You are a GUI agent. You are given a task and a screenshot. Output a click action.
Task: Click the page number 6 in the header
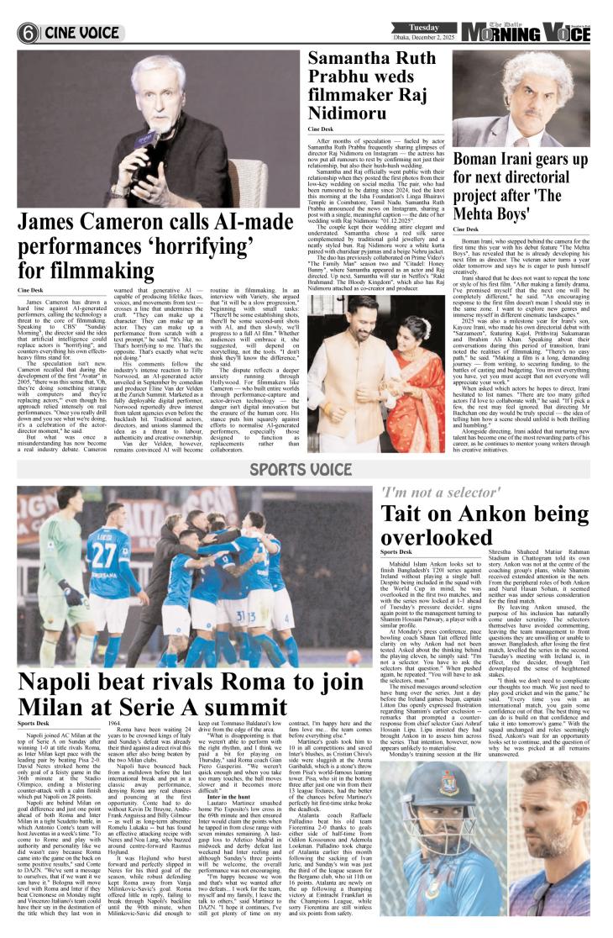[29, 34]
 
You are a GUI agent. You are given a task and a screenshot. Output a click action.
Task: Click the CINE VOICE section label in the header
[81, 34]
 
